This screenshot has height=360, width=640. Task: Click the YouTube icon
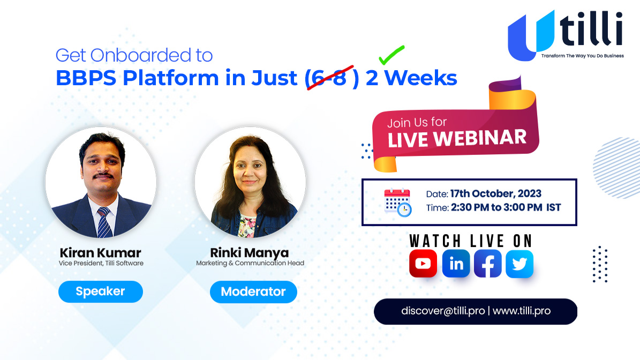pyautogui.click(x=423, y=264)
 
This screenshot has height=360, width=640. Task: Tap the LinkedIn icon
pyautogui.click(x=456, y=264)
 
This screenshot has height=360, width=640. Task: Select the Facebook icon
pyautogui.click(x=488, y=264)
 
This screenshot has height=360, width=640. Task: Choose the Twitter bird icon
pyautogui.click(x=519, y=264)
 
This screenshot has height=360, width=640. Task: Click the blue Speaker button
pyautogui.click(x=100, y=292)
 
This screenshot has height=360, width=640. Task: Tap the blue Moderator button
pyautogui.click(x=253, y=292)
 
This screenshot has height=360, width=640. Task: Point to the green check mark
pyautogui.click(x=391, y=56)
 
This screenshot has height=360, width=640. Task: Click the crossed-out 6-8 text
pyautogui.click(x=329, y=78)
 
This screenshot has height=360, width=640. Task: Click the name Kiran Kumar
pyautogui.click(x=101, y=252)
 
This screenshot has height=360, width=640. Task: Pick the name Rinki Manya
pyautogui.click(x=250, y=252)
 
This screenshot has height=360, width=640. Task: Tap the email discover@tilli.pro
pyautogui.click(x=443, y=311)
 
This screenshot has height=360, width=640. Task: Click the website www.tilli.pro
pyautogui.click(x=521, y=311)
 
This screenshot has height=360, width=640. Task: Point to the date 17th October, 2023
pyautogui.click(x=495, y=194)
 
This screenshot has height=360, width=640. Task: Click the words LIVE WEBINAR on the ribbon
pyautogui.click(x=457, y=139)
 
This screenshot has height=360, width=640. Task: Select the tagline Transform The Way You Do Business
pyautogui.click(x=582, y=56)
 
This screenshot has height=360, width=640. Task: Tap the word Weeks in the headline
pyautogui.click(x=421, y=78)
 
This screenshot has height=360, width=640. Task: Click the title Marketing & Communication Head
pyautogui.click(x=250, y=263)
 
